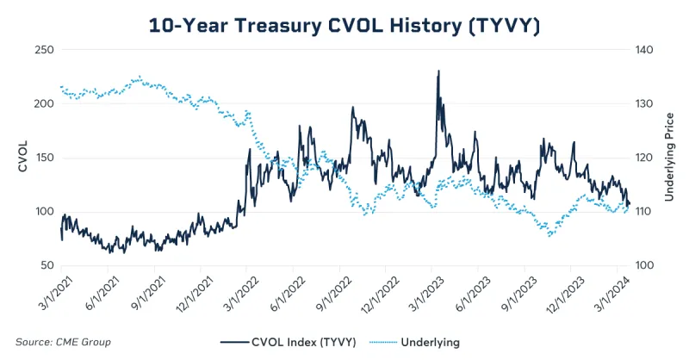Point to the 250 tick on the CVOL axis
[x=42, y=50]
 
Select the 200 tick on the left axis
[x=42, y=103]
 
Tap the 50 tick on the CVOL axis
[x=46, y=266]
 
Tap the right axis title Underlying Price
[x=668, y=157]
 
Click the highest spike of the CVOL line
[x=439, y=71]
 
